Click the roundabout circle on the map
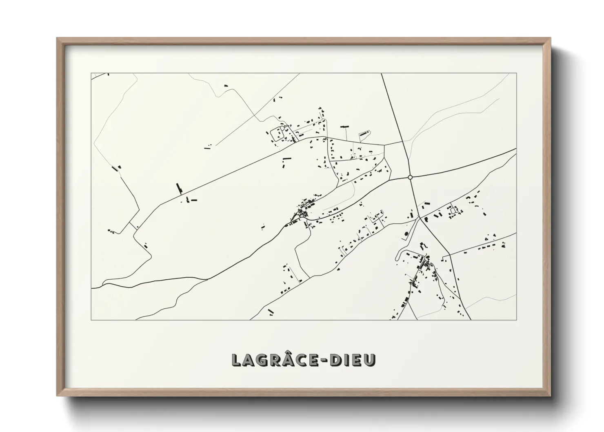point(410,177)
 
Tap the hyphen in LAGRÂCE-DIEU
point(325,360)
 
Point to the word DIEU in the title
point(352,360)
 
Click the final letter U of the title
point(369,360)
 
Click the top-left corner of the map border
point(91,73)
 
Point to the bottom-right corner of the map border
point(517,320)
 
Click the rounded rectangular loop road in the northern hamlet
point(278,134)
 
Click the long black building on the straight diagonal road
point(178,188)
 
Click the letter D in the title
point(335,360)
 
